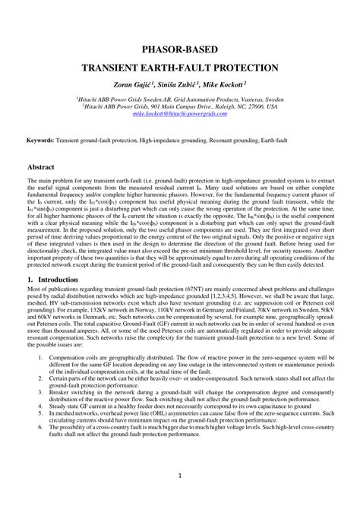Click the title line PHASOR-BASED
point(180,49)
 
